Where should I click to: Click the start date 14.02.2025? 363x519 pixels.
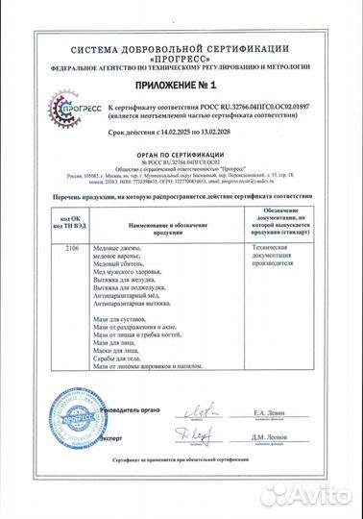(x=170, y=140)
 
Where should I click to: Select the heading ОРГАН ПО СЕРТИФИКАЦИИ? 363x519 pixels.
(x=181, y=164)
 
